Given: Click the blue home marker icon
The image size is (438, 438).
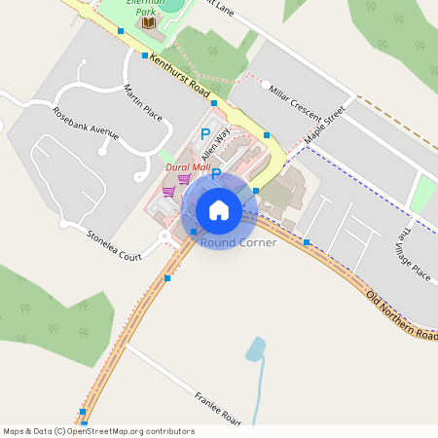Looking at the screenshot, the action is coord(219,209).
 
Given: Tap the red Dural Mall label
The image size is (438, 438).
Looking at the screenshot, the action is coord(189,167).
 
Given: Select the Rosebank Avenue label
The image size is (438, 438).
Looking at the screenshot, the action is coord(86,123).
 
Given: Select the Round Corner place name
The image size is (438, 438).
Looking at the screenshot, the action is coord(238,242).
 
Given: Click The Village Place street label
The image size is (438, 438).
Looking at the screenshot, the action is coord(416,255).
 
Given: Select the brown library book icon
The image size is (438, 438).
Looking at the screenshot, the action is coord(149,22).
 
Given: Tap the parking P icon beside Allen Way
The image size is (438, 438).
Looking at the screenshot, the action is coord(205,133).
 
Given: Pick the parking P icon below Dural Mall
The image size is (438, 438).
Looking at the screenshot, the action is coord(216,175).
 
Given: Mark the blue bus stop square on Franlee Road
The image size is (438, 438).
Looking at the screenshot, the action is coord(83,412).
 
